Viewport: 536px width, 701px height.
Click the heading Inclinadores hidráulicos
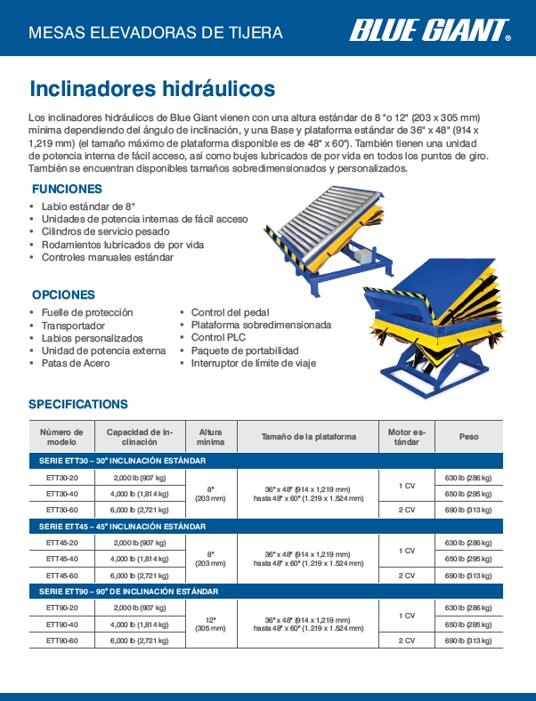[x=152, y=89]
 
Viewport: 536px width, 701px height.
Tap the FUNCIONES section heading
[x=67, y=189]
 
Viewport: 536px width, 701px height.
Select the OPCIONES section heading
[x=63, y=294]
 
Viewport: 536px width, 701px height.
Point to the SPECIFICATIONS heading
[x=78, y=404]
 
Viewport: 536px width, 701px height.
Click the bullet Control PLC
[x=218, y=338]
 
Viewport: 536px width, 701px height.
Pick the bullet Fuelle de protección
[x=87, y=312]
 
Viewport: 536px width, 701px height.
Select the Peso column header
[x=468, y=437]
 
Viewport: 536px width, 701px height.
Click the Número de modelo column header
[x=61, y=437]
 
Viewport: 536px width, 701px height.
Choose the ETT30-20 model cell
[x=61, y=478]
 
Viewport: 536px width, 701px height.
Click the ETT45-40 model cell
[x=61, y=559]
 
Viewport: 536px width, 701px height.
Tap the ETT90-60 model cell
[x=61, y=640]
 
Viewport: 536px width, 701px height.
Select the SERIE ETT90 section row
[x=129, y=592]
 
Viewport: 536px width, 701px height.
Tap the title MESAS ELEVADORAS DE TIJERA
[x=157, y=34]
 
